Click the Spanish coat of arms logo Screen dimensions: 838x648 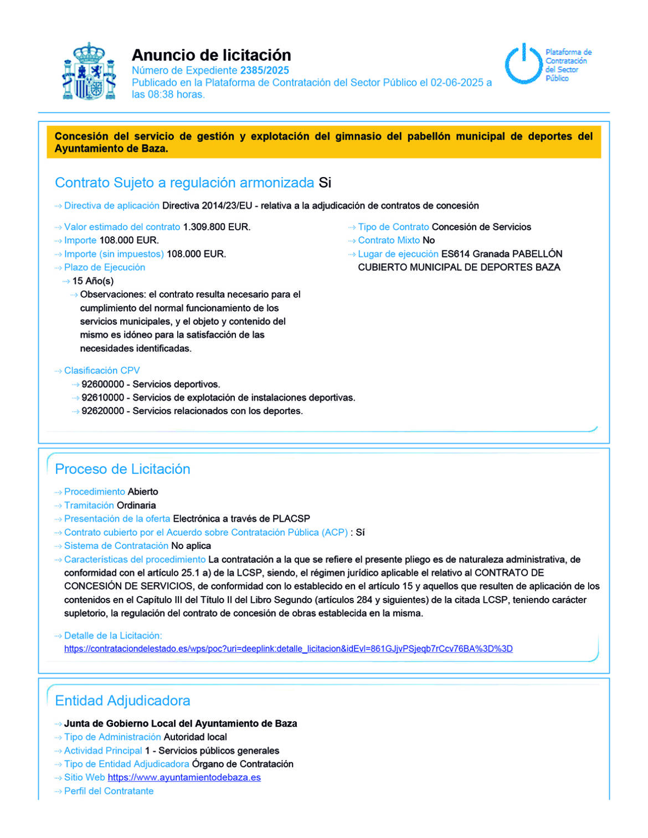(89, 72)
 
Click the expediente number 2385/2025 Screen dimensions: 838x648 (264, 70)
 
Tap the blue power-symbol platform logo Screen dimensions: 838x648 (523, 64)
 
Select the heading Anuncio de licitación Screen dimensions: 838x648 (211, 55)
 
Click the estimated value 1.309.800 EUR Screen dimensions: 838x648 (217, 227)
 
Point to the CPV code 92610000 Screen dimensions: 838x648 (102, 397)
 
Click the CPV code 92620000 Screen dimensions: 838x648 (102, 411)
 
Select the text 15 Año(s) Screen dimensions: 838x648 (92, 281)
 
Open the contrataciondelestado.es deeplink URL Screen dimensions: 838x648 (288, 649)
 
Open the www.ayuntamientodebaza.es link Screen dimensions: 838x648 (184, 777)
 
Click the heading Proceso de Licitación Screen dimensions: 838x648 (122, 469)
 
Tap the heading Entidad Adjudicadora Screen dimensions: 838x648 (122, 701)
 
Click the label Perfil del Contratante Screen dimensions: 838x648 (109, 791)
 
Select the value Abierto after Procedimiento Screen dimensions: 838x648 (143, 492)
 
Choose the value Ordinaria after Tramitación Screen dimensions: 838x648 (136, 505)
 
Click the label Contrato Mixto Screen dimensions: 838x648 (389, 240)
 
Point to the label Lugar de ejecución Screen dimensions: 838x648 (398, 254)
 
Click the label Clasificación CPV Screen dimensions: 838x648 (102, 370)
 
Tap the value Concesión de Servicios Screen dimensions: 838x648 (481, 227)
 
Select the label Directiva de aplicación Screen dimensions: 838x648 (111, 205)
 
